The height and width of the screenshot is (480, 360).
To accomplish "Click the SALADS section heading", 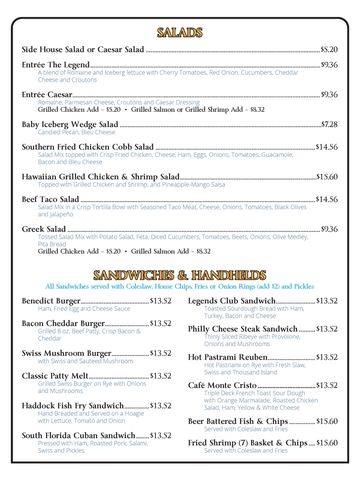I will [180, 32].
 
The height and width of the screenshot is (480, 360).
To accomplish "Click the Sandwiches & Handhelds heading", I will [180, 274].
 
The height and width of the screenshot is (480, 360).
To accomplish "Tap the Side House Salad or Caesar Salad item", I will [83, 49].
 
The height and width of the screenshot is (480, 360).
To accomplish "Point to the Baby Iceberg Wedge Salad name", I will [69, 124].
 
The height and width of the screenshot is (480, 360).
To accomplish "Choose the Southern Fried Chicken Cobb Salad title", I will [87, 146].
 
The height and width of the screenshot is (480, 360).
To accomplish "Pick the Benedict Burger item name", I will [51, 300].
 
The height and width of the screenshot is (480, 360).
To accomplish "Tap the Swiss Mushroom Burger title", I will [66, 353].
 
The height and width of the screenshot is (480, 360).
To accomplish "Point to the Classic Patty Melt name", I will [56, 376].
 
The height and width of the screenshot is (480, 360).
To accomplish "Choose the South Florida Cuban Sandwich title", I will [78, 436].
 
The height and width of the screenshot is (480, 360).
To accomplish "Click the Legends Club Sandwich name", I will [231, 300].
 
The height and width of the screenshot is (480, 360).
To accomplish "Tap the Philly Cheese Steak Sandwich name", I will [242, 329].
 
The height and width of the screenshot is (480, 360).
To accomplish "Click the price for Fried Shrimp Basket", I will [326, 442].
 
